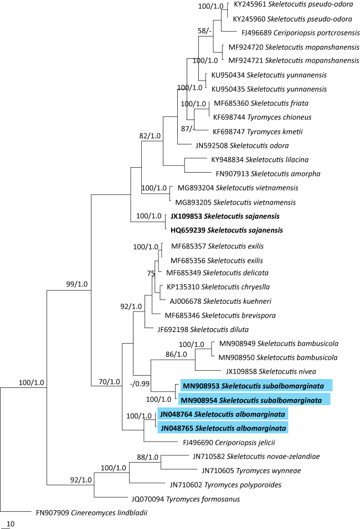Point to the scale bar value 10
(11, 523)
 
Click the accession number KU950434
(224, 75)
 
